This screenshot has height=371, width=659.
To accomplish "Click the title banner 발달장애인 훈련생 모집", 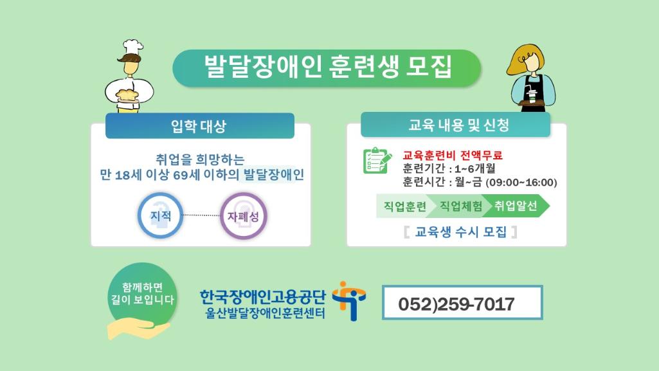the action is coord(327,68).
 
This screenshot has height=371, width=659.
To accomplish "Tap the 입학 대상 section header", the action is coord(200,125).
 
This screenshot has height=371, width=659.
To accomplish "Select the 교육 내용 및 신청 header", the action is coord(455,125).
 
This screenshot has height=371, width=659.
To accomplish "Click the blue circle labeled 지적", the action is coord(161,215).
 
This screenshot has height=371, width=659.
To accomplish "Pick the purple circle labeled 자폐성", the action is coord(243,216).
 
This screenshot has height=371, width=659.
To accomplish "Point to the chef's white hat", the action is coord(133,47).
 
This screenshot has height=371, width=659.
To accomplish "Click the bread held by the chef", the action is coord(127,95).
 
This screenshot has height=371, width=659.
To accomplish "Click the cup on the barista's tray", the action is coord(532,96).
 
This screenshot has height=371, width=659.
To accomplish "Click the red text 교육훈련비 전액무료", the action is coord(453,156).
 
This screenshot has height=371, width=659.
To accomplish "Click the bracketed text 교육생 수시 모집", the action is coord(460,231).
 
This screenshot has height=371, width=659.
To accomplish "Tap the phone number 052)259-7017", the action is coord(456,303).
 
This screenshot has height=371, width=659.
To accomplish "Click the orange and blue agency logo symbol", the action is coord(349,301).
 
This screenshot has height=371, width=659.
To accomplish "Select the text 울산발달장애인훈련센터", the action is coord(265,313).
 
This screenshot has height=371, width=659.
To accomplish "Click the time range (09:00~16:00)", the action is coord(521,183).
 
